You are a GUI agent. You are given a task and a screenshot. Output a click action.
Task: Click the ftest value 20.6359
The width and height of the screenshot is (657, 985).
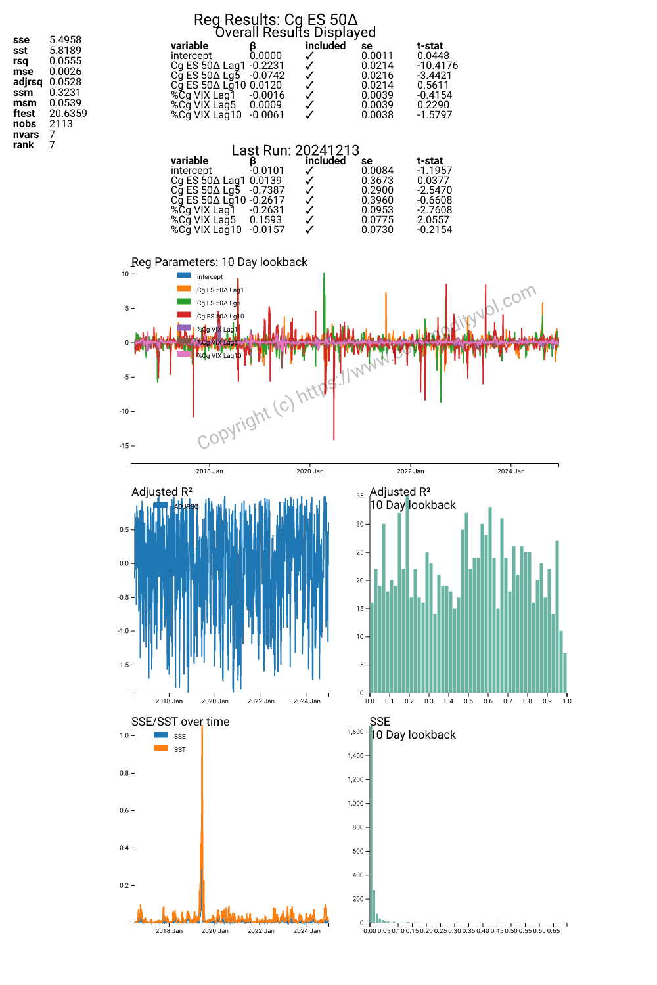tap(68, 114)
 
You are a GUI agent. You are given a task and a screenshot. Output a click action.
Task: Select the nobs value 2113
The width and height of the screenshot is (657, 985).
tap(60, 124)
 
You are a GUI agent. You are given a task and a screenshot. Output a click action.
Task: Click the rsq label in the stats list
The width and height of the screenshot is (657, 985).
tap(20, 61)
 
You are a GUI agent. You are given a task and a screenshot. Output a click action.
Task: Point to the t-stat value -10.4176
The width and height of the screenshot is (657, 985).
tap(437, 66)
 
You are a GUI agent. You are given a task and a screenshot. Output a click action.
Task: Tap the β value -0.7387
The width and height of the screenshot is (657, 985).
tap(267, 190)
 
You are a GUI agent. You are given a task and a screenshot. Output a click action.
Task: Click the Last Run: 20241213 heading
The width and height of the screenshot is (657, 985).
tap(295, 150)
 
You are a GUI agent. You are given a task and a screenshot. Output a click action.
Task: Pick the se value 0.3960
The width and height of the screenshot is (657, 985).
tap(377, 200)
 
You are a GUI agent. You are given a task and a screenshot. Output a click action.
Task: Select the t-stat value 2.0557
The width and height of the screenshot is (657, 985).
tap(433, 220)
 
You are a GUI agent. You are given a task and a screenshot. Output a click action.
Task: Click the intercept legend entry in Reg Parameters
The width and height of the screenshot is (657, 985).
tap(210, 277)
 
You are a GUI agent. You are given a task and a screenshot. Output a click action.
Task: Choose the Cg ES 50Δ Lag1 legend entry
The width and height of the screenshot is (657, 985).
tap(219, 290)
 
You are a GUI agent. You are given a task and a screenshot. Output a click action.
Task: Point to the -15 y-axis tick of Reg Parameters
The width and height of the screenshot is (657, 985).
tap(124, 446)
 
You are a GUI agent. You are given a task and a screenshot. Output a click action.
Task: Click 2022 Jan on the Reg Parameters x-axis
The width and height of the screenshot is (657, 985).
tap(410, 471)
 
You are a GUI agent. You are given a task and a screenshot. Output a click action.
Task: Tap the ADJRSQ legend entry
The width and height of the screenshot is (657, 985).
tap(186, 507)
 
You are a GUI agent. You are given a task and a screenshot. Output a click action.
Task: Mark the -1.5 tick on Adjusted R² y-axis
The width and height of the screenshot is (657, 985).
tap(124, 665)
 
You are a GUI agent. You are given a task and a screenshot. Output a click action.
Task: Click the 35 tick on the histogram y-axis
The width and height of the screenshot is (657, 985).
tap(360, 496)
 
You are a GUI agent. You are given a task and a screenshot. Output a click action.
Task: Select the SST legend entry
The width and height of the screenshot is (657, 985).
tap(179, 750)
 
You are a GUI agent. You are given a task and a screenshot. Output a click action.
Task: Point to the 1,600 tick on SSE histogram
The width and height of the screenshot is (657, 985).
tap(355, 732)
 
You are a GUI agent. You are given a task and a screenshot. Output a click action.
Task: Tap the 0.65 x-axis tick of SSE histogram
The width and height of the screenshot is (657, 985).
tap(553, 931)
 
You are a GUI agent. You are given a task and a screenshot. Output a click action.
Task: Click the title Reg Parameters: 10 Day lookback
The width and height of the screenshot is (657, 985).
tap(219, 262)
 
